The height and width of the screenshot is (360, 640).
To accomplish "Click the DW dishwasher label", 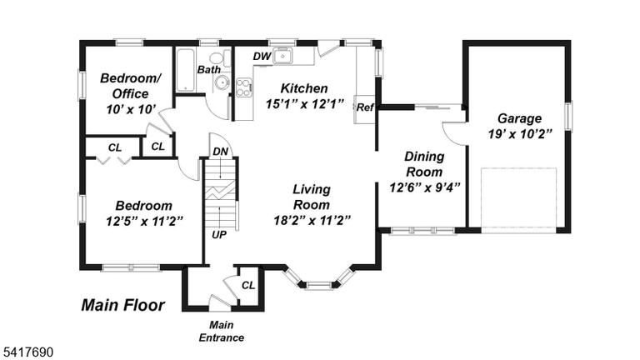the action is [262, 57].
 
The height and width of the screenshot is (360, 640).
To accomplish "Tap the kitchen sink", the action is [282, 56].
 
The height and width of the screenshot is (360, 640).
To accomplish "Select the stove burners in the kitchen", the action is [243, 87].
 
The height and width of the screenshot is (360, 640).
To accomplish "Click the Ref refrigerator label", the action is [365, 107].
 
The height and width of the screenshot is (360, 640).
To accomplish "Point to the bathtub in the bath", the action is [185, 70].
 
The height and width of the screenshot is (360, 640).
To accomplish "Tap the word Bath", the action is [209, 70].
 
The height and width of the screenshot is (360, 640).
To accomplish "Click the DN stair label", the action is [220, 152].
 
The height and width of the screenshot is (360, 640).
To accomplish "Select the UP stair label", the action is [219, 235].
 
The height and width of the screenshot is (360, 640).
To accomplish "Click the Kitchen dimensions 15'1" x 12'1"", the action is [304, 103].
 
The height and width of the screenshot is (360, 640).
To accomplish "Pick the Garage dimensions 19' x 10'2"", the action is [520, 134].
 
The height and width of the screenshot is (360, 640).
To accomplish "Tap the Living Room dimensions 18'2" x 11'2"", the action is [312, 220].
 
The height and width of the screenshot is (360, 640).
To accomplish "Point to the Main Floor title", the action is [122, 305].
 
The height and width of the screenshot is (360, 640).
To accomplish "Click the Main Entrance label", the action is [221, 331].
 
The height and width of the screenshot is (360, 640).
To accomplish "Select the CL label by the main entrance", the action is [248, 285].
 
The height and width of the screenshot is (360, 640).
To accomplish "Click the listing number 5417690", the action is [28, 352].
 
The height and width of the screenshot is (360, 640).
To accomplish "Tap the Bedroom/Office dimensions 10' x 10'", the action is [131, 109].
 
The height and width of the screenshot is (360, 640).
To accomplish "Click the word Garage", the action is [520, 118].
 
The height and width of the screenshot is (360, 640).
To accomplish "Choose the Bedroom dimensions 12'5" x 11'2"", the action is [144, 221].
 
